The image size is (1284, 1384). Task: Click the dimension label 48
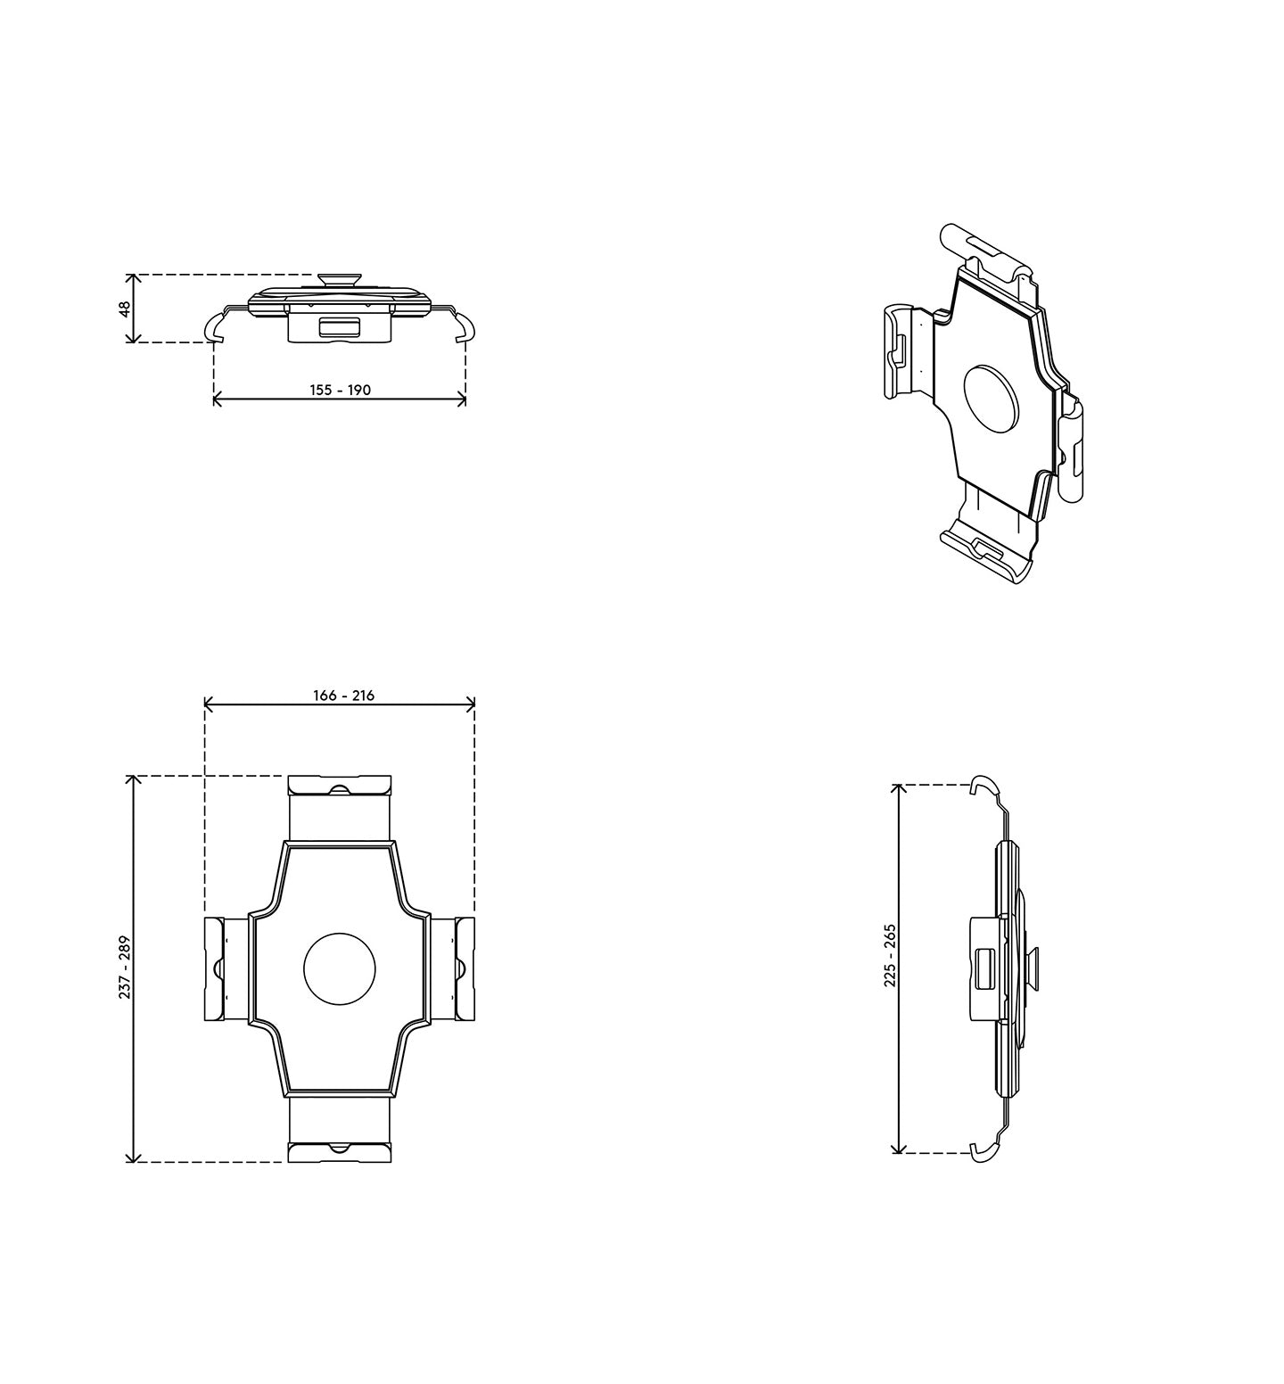point(125,309)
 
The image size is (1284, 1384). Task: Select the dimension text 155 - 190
point(340,390)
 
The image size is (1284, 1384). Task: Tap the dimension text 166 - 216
point(343,696)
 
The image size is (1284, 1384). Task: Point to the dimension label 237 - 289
point(125,967)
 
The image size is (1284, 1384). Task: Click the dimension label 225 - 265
point(889,955)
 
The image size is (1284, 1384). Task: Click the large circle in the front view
point(340,968)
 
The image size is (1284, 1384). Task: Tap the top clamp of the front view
point(340,786)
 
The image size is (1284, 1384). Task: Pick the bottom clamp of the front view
point(340,1151)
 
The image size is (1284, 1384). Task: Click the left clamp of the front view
point(216,968)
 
